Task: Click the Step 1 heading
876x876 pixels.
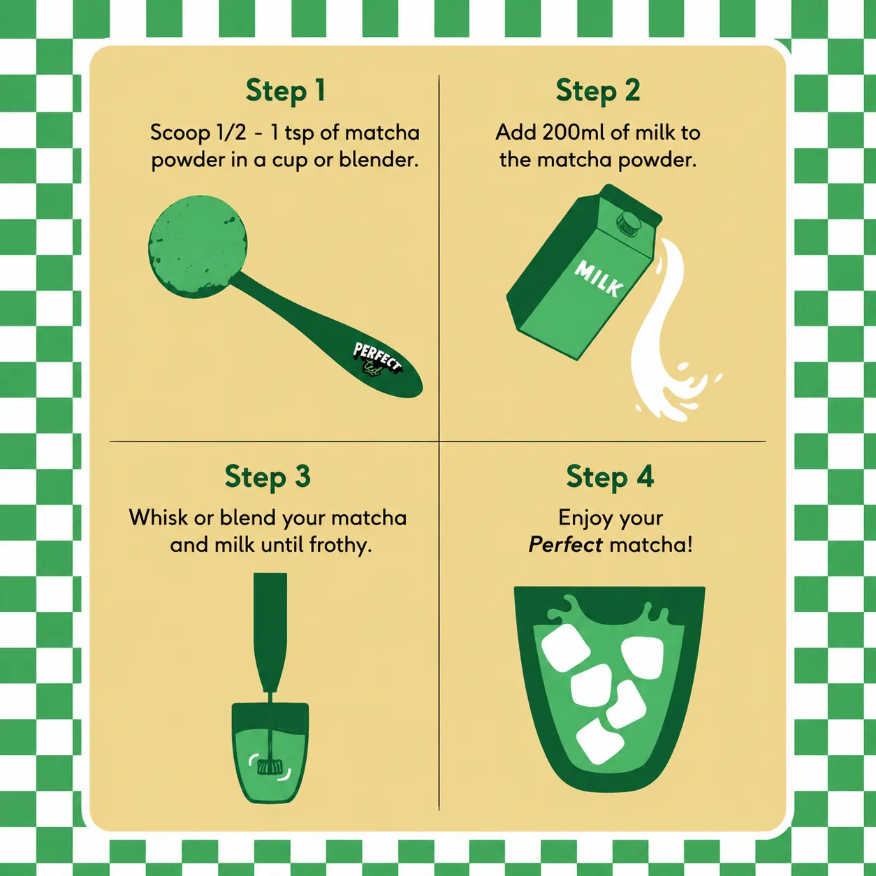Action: pyautogui.click(x=286, y=91)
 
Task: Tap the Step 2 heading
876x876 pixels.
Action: pyautogui.click(x=598, y=91)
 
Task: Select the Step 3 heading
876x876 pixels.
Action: pyautogui.click(x=268, y=477)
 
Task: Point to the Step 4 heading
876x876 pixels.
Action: pyautogui.click(x=610, y=477)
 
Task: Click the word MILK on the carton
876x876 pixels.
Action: pyautogui.click(x=599, y=278)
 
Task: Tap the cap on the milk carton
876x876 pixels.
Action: pyautogui.click(x=629, y=223)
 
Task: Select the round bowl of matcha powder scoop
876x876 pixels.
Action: pyautogui.click(x=198, y=247)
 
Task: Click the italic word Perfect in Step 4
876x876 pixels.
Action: pyautogui.click(x=566, y=545)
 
